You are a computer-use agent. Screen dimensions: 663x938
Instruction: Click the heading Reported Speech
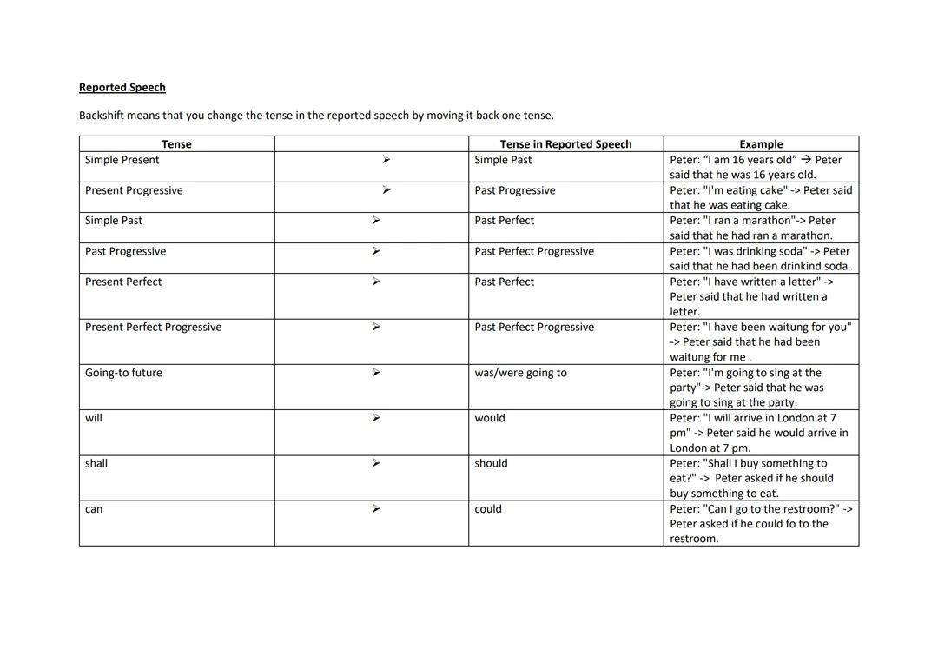pos(122,88)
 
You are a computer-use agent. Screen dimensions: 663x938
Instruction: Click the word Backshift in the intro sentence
pos(102,116)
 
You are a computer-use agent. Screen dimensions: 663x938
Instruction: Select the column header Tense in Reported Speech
pos(565,144)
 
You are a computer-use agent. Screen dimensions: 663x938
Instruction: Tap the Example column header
pos(761,144)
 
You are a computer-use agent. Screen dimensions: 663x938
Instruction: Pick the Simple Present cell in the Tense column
pos(122,160)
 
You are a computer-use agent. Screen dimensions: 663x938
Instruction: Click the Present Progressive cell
pos(134,190)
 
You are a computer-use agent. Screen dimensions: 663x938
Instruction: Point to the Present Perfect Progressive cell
pos(153,327)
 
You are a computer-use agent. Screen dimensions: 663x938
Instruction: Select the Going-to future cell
pos(123,373)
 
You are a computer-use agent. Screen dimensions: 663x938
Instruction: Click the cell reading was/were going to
pos(520,373)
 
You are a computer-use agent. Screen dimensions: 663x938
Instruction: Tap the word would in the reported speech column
pos(489,418)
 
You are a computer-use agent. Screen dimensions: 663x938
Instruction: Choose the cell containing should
pos(491,463)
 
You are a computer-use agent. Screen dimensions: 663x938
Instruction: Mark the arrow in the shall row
pos(376,463)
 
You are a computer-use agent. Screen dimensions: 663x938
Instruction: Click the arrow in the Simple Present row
pos(386,160)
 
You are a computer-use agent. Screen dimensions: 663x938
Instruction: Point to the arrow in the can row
pos(376,509)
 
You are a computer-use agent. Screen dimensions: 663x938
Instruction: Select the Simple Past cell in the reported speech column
pos(503,160)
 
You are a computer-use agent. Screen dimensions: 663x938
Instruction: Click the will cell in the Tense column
pos(94,418)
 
